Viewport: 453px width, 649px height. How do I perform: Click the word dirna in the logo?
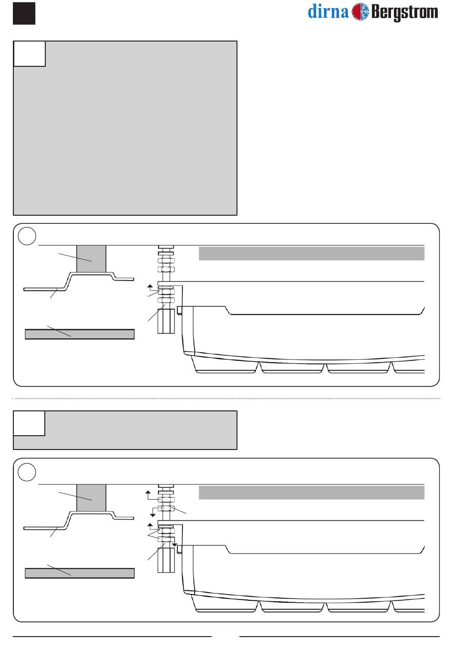click(x=328, y=11)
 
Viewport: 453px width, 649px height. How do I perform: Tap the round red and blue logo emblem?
click(x=360, y=12)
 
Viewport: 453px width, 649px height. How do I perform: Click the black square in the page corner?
click(x=24, y=12)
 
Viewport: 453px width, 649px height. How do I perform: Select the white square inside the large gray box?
click(x=30, y=53)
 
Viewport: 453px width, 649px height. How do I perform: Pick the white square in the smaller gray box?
click(x=30, y=423)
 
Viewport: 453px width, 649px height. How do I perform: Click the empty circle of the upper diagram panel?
click(x=27, y=236)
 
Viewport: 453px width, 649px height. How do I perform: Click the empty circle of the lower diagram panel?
click(x=27, y=472)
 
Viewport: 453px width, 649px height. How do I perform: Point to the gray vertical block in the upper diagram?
click(x=91, y=259)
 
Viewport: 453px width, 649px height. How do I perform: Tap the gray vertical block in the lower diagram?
click(x=91, y=498)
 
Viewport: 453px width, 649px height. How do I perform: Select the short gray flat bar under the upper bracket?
click(x=79, y=334)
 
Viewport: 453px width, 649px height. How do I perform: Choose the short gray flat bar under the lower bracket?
click(x=79, y=573)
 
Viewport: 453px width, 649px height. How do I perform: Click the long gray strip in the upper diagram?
click(x=311, y=253)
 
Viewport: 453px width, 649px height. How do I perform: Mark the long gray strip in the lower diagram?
click(x=311, y=492)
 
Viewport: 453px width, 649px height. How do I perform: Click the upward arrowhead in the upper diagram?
click(x=150, y=286)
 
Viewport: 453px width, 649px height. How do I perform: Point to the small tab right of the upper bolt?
click(x=180, y=310)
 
